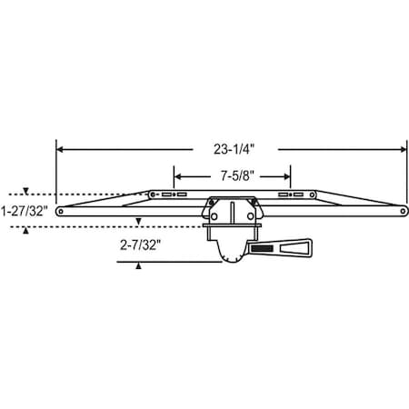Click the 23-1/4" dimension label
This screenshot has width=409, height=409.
pos(234,149)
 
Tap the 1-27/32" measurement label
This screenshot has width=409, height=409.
pos(24,211)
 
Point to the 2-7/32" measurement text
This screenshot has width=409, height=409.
pos(140,245)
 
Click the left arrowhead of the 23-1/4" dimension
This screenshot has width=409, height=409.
pos(60,149)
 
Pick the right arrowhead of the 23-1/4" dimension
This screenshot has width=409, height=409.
pos(404,149)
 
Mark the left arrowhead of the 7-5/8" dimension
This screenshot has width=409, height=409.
pos(177,176)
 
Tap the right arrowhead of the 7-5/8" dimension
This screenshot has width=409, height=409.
pos(287,176)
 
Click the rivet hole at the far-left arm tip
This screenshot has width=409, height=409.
pos(60,211)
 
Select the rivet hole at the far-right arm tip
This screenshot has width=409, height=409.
pos(403,211)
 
